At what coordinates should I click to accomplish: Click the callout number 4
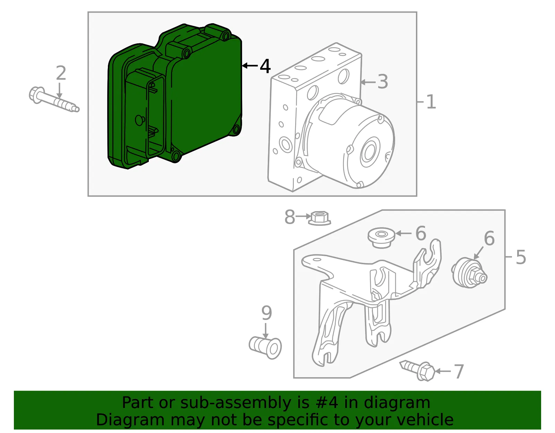(x=265, y=66)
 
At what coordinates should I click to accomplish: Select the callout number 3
(x=383, y=82)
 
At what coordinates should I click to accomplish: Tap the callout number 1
(x=432, y=102)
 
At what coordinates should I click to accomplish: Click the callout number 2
(x=61, y=73)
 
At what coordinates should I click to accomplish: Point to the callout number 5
(x=521, y=257)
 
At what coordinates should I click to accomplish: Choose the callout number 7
(x=459, y=372)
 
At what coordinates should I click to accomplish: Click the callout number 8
(x=290, y=217)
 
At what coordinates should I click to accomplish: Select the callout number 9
(x=267, y=313)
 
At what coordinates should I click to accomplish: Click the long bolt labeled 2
(x=54, y=99)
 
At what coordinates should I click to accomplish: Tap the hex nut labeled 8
(x=319, y=218)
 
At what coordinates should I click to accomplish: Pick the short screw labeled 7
(x=417, y=370)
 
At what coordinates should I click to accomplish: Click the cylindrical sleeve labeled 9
(x=265, y=347)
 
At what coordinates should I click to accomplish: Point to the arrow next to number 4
(x=250, y=66)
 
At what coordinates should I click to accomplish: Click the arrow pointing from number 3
(x=368, y=82)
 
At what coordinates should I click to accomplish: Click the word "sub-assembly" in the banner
(x=236, y=403)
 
